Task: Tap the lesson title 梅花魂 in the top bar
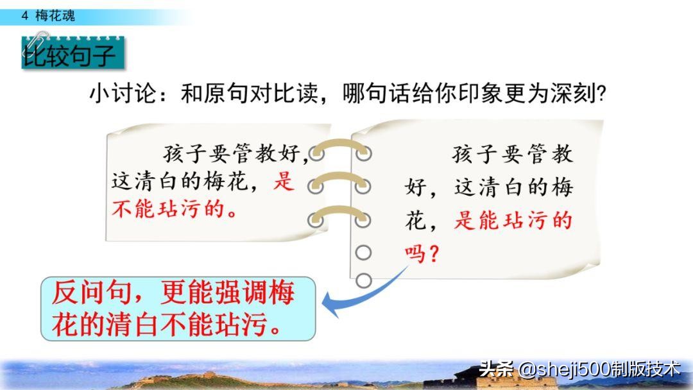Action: (55, 16)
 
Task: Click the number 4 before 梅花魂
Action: (25, 16)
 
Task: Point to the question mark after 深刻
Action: (601, 94)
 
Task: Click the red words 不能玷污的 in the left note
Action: (175, 209)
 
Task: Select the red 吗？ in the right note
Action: (422, 255)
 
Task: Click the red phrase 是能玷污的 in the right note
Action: (513, 221)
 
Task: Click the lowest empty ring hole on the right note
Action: (363, 280)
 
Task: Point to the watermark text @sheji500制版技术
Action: (599, 369)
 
